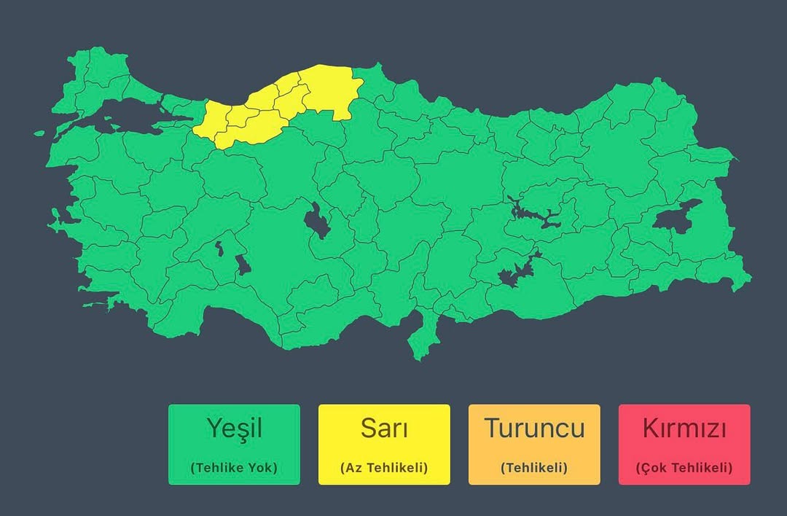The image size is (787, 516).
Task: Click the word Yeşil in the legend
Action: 234,429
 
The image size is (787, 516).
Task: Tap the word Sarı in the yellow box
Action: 384,429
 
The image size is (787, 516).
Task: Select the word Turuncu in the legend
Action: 534,429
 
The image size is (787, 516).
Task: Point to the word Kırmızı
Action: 684,429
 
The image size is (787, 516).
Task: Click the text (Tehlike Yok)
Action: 234,468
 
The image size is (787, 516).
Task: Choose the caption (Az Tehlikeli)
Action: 384,468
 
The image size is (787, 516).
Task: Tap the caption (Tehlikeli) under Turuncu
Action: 534,468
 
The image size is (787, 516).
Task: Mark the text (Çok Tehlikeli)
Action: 684,468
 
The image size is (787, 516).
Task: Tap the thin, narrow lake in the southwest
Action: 219,250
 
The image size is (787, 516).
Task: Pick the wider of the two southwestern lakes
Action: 243,265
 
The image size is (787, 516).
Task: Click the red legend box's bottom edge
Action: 684,483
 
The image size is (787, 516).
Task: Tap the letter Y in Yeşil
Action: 214,429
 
